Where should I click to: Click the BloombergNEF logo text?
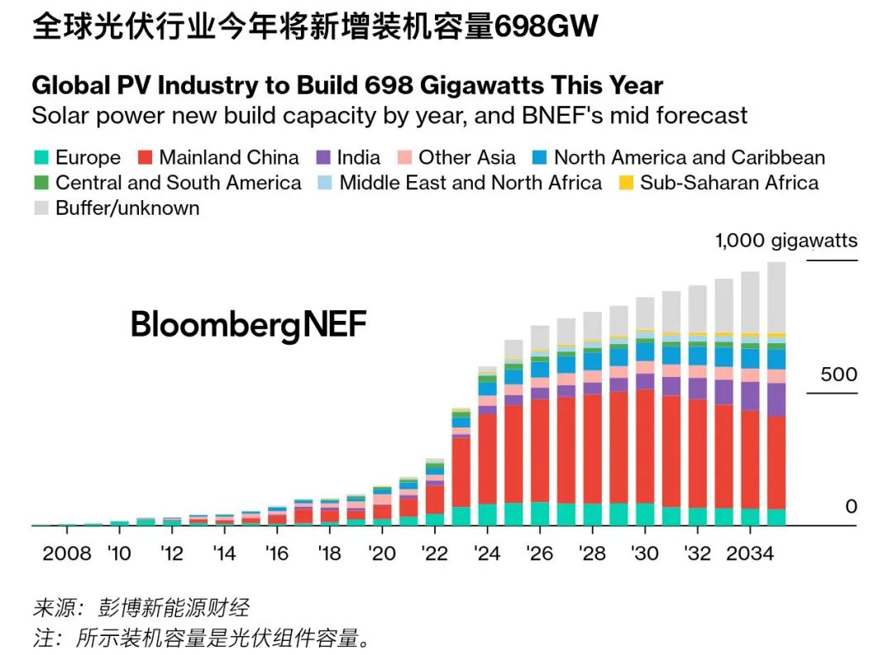click(x=248, y=324)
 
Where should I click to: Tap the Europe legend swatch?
click(x=41, y=158)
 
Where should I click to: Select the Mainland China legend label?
click(x=229, y=158)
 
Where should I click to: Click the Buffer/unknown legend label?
click(x=127, y=208)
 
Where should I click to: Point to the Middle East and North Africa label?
click(x=470, y=183)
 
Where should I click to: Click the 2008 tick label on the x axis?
click(x=67, y=552)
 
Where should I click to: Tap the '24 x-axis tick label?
click(x=487, y=552)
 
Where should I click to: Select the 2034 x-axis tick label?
click(x=750, y=552)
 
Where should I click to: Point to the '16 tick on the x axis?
click(x=277, y=552)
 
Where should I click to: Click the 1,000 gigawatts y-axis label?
click(x=786, y=241)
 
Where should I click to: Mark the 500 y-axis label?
click(x=838, y=375)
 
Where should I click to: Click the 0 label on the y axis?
click(x=851, y=506)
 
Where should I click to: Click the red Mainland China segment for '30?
click(x=645, y=447)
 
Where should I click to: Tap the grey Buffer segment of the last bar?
click(x=776, y=298)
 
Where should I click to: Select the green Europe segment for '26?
click(x=540, y=514)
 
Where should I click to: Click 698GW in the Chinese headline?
click(x=546, y=26)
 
